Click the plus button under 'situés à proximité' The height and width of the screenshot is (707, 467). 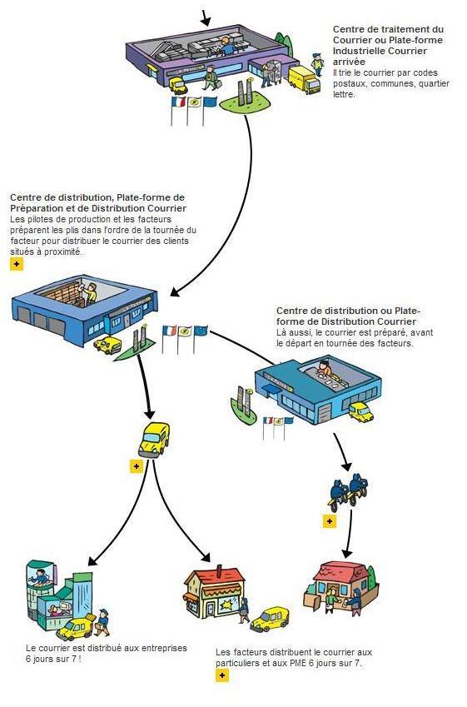tap(17, 264)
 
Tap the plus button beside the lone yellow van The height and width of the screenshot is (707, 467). tap(137, 466)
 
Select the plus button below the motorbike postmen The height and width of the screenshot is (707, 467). tap(330, 521)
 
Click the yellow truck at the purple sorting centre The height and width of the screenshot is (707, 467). tap(304, 80)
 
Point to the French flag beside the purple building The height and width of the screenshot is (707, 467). tap(178, 102)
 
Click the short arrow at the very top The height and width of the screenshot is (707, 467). tap(205, 17)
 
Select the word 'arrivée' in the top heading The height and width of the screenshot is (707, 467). tap(349, 62)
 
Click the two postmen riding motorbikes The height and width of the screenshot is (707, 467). tap(348, 492)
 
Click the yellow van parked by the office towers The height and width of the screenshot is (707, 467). tap(75, 628)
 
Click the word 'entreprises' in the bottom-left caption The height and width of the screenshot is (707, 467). tap(164, 648)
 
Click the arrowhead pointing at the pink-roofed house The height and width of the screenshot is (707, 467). tap(346, 553)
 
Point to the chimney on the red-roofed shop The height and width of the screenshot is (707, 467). tap(220, 571)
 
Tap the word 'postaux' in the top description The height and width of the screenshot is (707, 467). tap(350, 84)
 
